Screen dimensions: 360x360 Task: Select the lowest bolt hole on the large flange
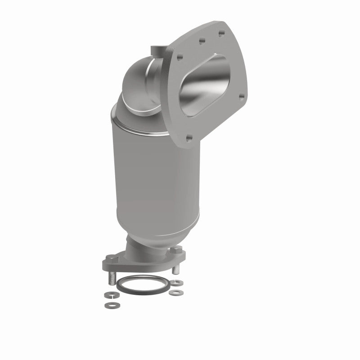click(x=189, y=138)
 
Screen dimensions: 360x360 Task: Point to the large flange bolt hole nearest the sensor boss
click(x=179, y=57)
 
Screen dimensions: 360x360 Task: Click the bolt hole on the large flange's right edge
click(x=241, y=96)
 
